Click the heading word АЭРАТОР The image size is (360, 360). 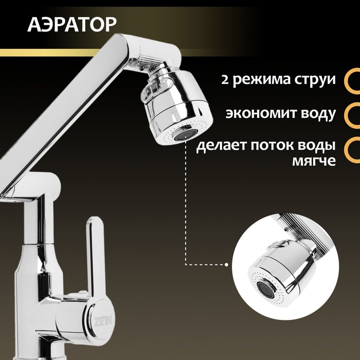point(72,24)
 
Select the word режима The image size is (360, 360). point(260,81)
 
